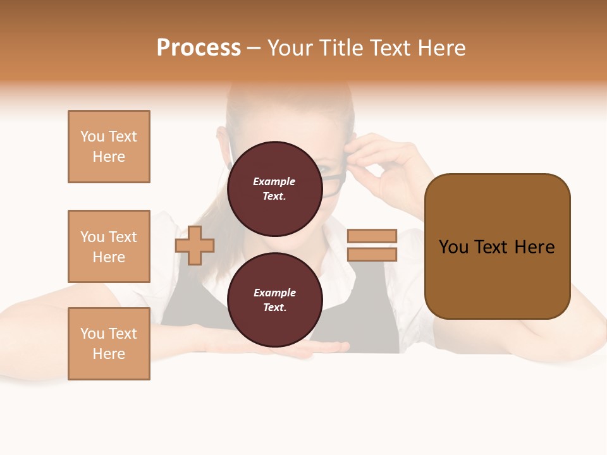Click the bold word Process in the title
coord(199,48)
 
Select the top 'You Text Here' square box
coord(109,147)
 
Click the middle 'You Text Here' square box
coord(109,246)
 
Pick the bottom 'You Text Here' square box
coord(109,344)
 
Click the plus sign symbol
coord(195,245)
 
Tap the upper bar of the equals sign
coord(372,236)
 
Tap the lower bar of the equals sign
coord(372,255)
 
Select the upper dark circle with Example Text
coord(274,189)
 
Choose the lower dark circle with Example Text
coord(274,300)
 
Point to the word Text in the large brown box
coord(496,247)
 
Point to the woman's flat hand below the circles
coord(316,348)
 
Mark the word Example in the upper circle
coord(274,182)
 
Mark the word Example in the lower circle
coord(274,293)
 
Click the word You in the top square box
coord(92,136)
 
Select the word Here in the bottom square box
coord(109,354)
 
